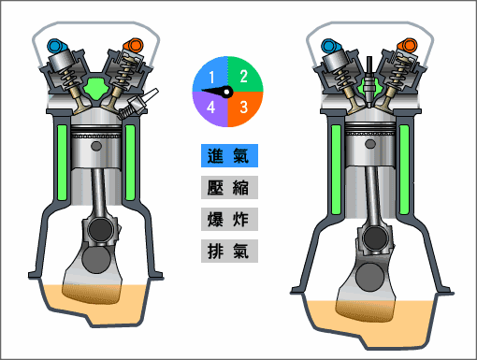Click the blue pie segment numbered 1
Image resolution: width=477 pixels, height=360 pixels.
point(211,75)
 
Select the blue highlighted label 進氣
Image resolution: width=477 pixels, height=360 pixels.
point(229,155)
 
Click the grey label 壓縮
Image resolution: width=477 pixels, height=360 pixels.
point(229,187)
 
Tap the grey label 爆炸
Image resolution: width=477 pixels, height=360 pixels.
point(229,220)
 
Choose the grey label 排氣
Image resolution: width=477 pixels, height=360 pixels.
point(229,252)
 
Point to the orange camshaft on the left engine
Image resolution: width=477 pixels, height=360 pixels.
point(136,44)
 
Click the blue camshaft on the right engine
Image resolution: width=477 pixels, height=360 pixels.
point(328,44)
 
